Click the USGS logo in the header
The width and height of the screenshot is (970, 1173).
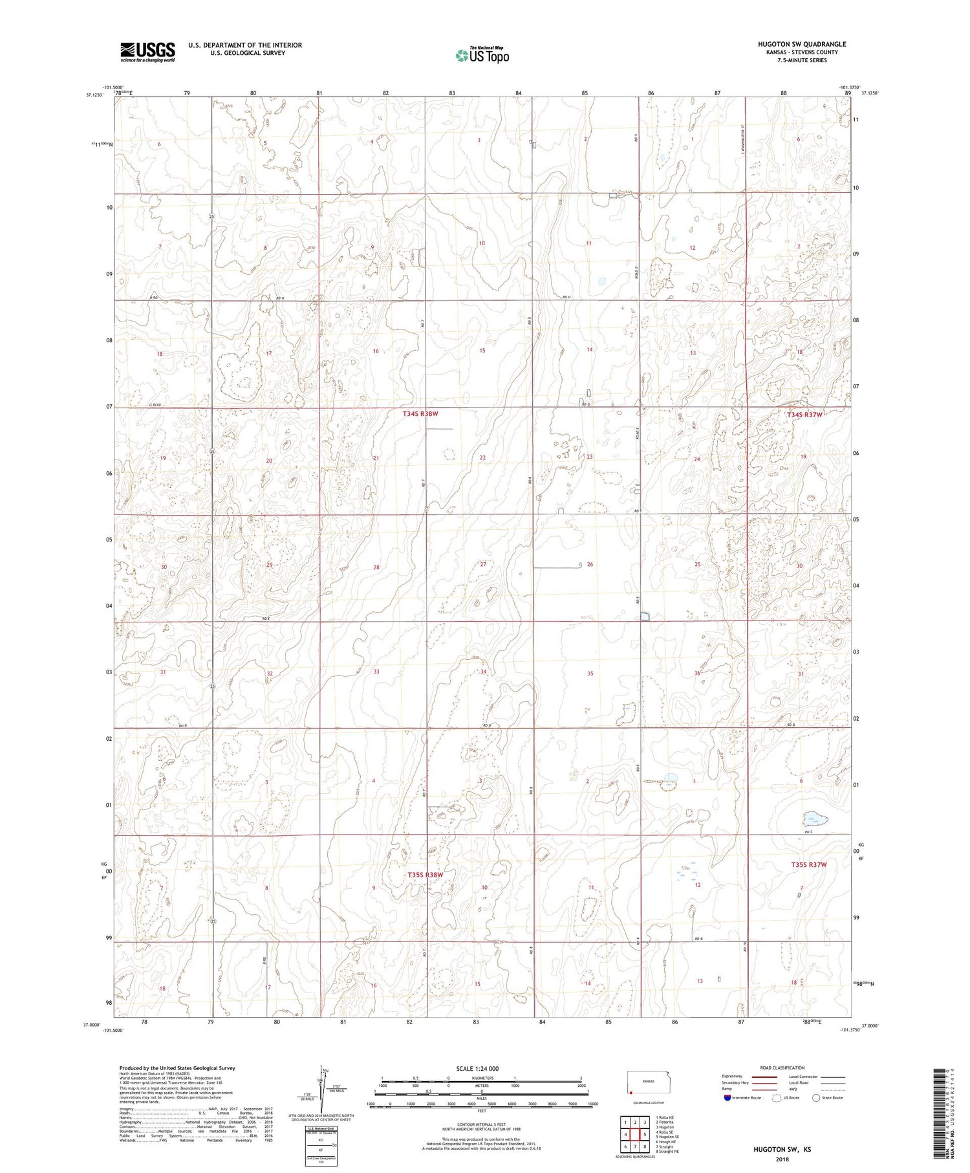147,52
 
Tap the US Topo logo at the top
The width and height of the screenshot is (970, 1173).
482,55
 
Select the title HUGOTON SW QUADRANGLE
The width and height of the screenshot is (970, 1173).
801,44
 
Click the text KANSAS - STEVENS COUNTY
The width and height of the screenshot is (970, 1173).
801,52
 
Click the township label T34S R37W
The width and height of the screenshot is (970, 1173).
804,414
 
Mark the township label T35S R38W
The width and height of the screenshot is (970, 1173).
426,875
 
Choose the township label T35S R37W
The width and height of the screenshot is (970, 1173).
808,864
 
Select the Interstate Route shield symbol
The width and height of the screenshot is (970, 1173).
728,1097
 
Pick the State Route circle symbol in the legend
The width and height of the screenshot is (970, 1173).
816,1097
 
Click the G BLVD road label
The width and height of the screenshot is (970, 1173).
155,405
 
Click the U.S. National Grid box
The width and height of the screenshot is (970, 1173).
321,1146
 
